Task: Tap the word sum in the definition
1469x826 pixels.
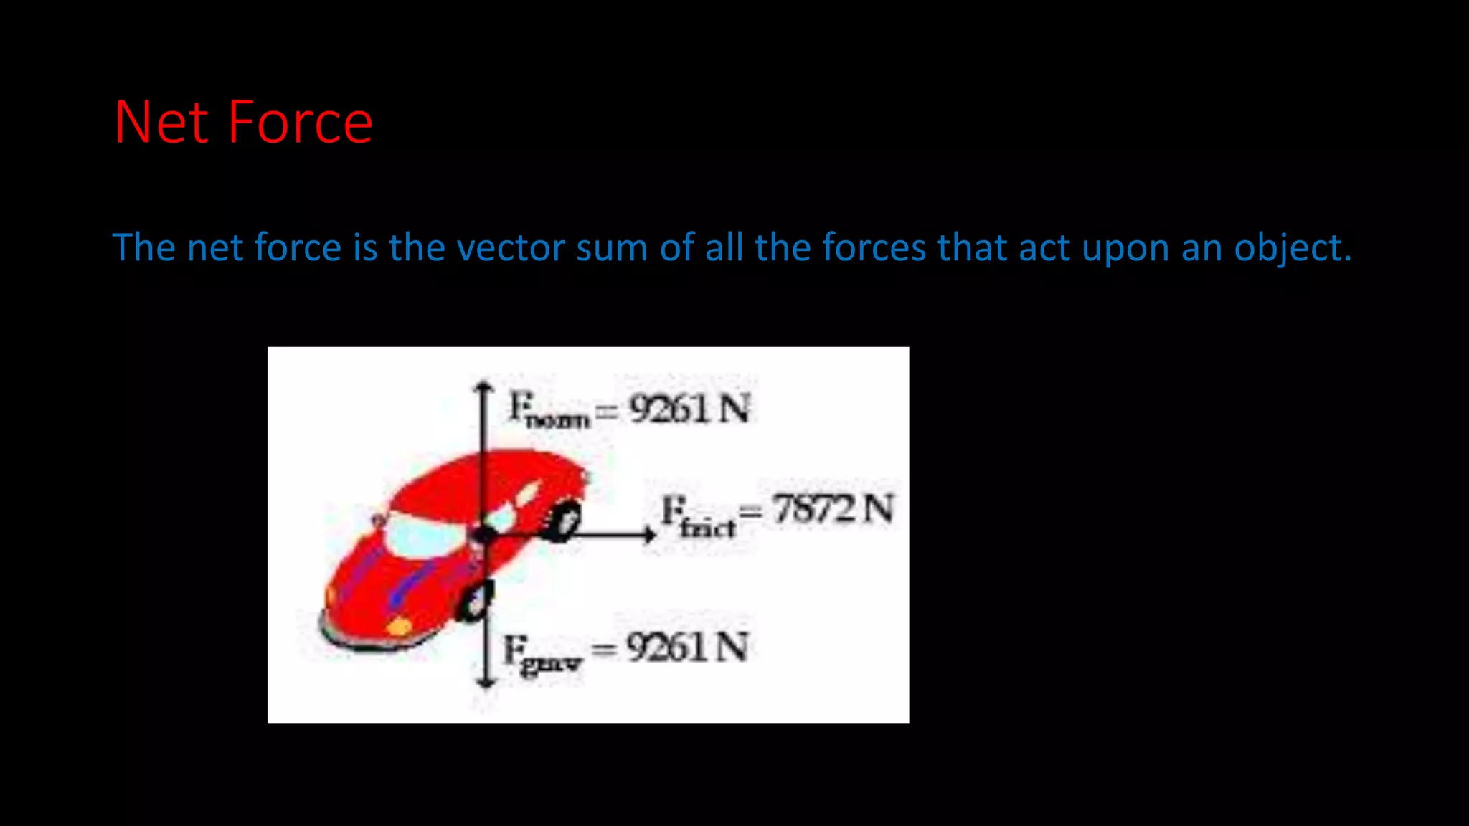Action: point(611,247)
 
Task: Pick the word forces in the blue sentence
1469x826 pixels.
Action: point(874,247)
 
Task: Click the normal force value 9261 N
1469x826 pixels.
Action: point(689,409)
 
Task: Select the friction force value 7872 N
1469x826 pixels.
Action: point(833,509)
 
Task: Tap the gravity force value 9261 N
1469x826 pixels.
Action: point(687,647)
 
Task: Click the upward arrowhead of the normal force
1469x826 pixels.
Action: point(485,387)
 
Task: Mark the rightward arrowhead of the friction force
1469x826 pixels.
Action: point(649,534)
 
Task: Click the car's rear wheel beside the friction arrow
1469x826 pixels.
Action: point(565,521)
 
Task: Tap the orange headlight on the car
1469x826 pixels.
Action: point(399,627)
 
